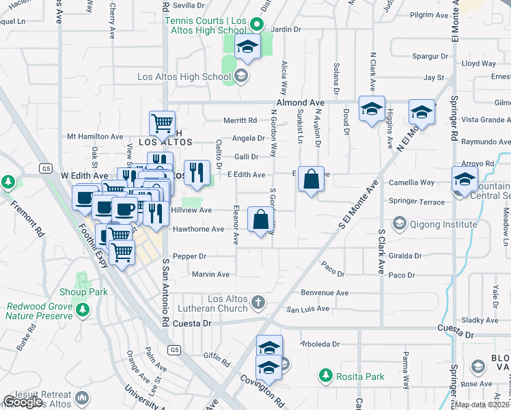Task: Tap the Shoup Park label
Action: [89, 292]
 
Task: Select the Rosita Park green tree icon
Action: [325, 376]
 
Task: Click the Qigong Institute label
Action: [442, 223]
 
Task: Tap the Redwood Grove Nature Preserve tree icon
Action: [83, 310]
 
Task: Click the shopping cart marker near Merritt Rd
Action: [162, 123]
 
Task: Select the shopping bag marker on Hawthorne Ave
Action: [261, 219]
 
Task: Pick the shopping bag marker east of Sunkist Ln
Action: [311, 180]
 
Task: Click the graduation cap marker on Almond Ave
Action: [372, 109]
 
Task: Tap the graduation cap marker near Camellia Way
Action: [465, 180]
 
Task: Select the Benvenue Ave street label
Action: [325, 292]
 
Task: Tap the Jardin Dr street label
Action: [286, 29]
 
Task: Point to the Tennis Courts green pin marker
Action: [256, 25]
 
